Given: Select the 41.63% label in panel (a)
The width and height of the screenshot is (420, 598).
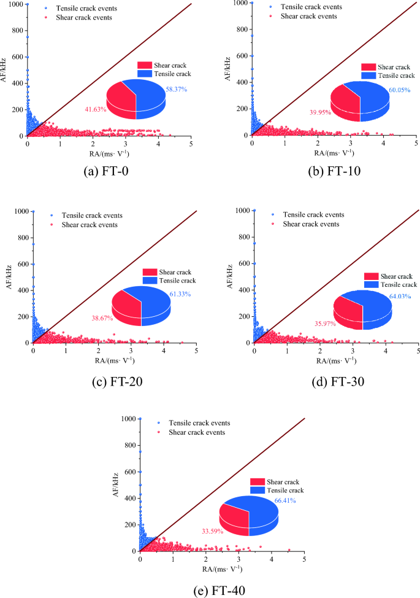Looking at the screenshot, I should pyautogui.click(x=96, y=109).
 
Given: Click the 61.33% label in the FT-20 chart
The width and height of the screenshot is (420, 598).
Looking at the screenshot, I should pyautogui.click(x=179, y=295).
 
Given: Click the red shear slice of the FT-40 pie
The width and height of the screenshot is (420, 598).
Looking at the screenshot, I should pyautogui.click(x=233, y=519).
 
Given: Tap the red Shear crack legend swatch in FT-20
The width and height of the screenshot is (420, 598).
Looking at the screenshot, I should pyautogui.click(x=150, y=272).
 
